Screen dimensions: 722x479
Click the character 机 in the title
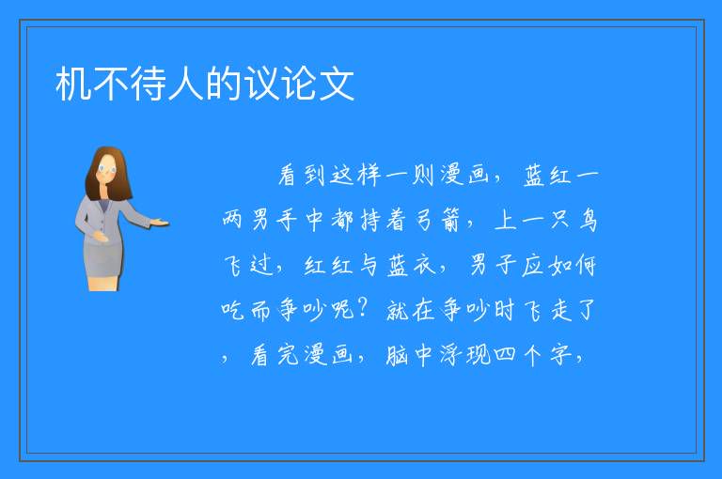pos(73,84)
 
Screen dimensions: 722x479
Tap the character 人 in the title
pos(186,84)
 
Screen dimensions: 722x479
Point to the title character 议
pos(261,84)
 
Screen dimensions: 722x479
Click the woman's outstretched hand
pos(160,224)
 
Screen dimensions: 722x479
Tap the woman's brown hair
pos(107,174)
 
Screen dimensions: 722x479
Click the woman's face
pos(108,169)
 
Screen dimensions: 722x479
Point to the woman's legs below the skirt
pos(103,283)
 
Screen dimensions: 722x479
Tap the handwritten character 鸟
pos(588,220)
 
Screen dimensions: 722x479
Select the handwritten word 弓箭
pos(437,220)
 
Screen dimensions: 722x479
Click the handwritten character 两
pos(232,220)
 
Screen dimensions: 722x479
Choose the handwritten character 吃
pos(232,310)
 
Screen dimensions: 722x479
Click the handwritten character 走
pos(561,310)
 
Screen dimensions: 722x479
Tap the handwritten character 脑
pos(397,355)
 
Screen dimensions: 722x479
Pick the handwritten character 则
pos(422,175)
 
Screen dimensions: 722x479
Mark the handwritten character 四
pos(505,355)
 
